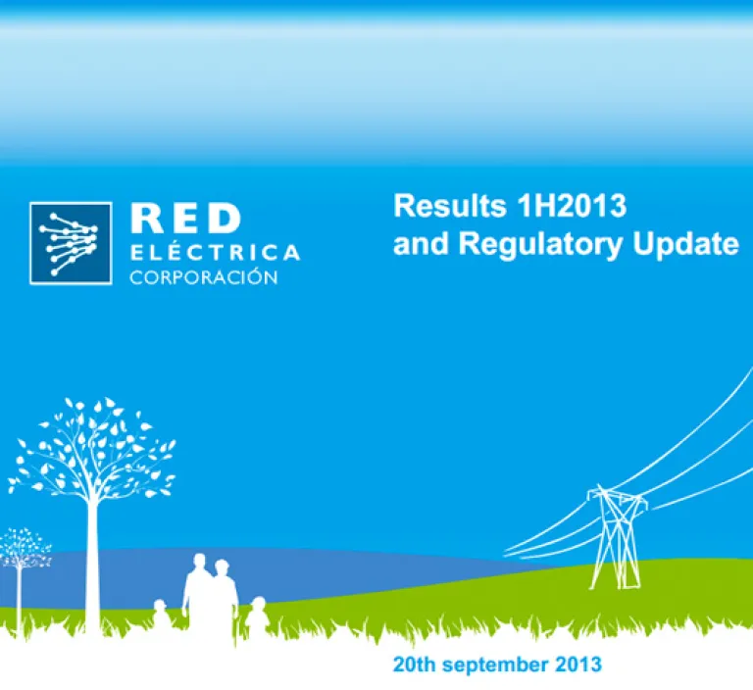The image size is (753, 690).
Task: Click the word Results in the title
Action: (x=449, y=206)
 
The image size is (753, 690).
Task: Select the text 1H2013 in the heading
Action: (x=571, y=206)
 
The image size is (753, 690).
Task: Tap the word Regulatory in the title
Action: (x=540, y=244)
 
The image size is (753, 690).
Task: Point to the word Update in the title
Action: (x=685, y=243)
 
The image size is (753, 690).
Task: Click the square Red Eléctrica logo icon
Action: (x=71, y=243)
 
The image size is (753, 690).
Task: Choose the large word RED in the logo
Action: (x=185, y=219)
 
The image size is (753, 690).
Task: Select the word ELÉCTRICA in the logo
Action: (x=215, y=252)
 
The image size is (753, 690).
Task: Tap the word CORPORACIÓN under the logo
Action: (x=204, y=276)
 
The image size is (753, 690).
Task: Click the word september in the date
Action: (x=495, y=665)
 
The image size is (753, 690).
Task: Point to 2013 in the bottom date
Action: (x=578, y=665)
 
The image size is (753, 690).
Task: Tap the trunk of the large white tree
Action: (x=92, y=567)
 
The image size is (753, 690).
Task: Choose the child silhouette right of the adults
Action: (x=258, y=616)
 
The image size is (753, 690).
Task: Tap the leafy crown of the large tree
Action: (x=92, y=448)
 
